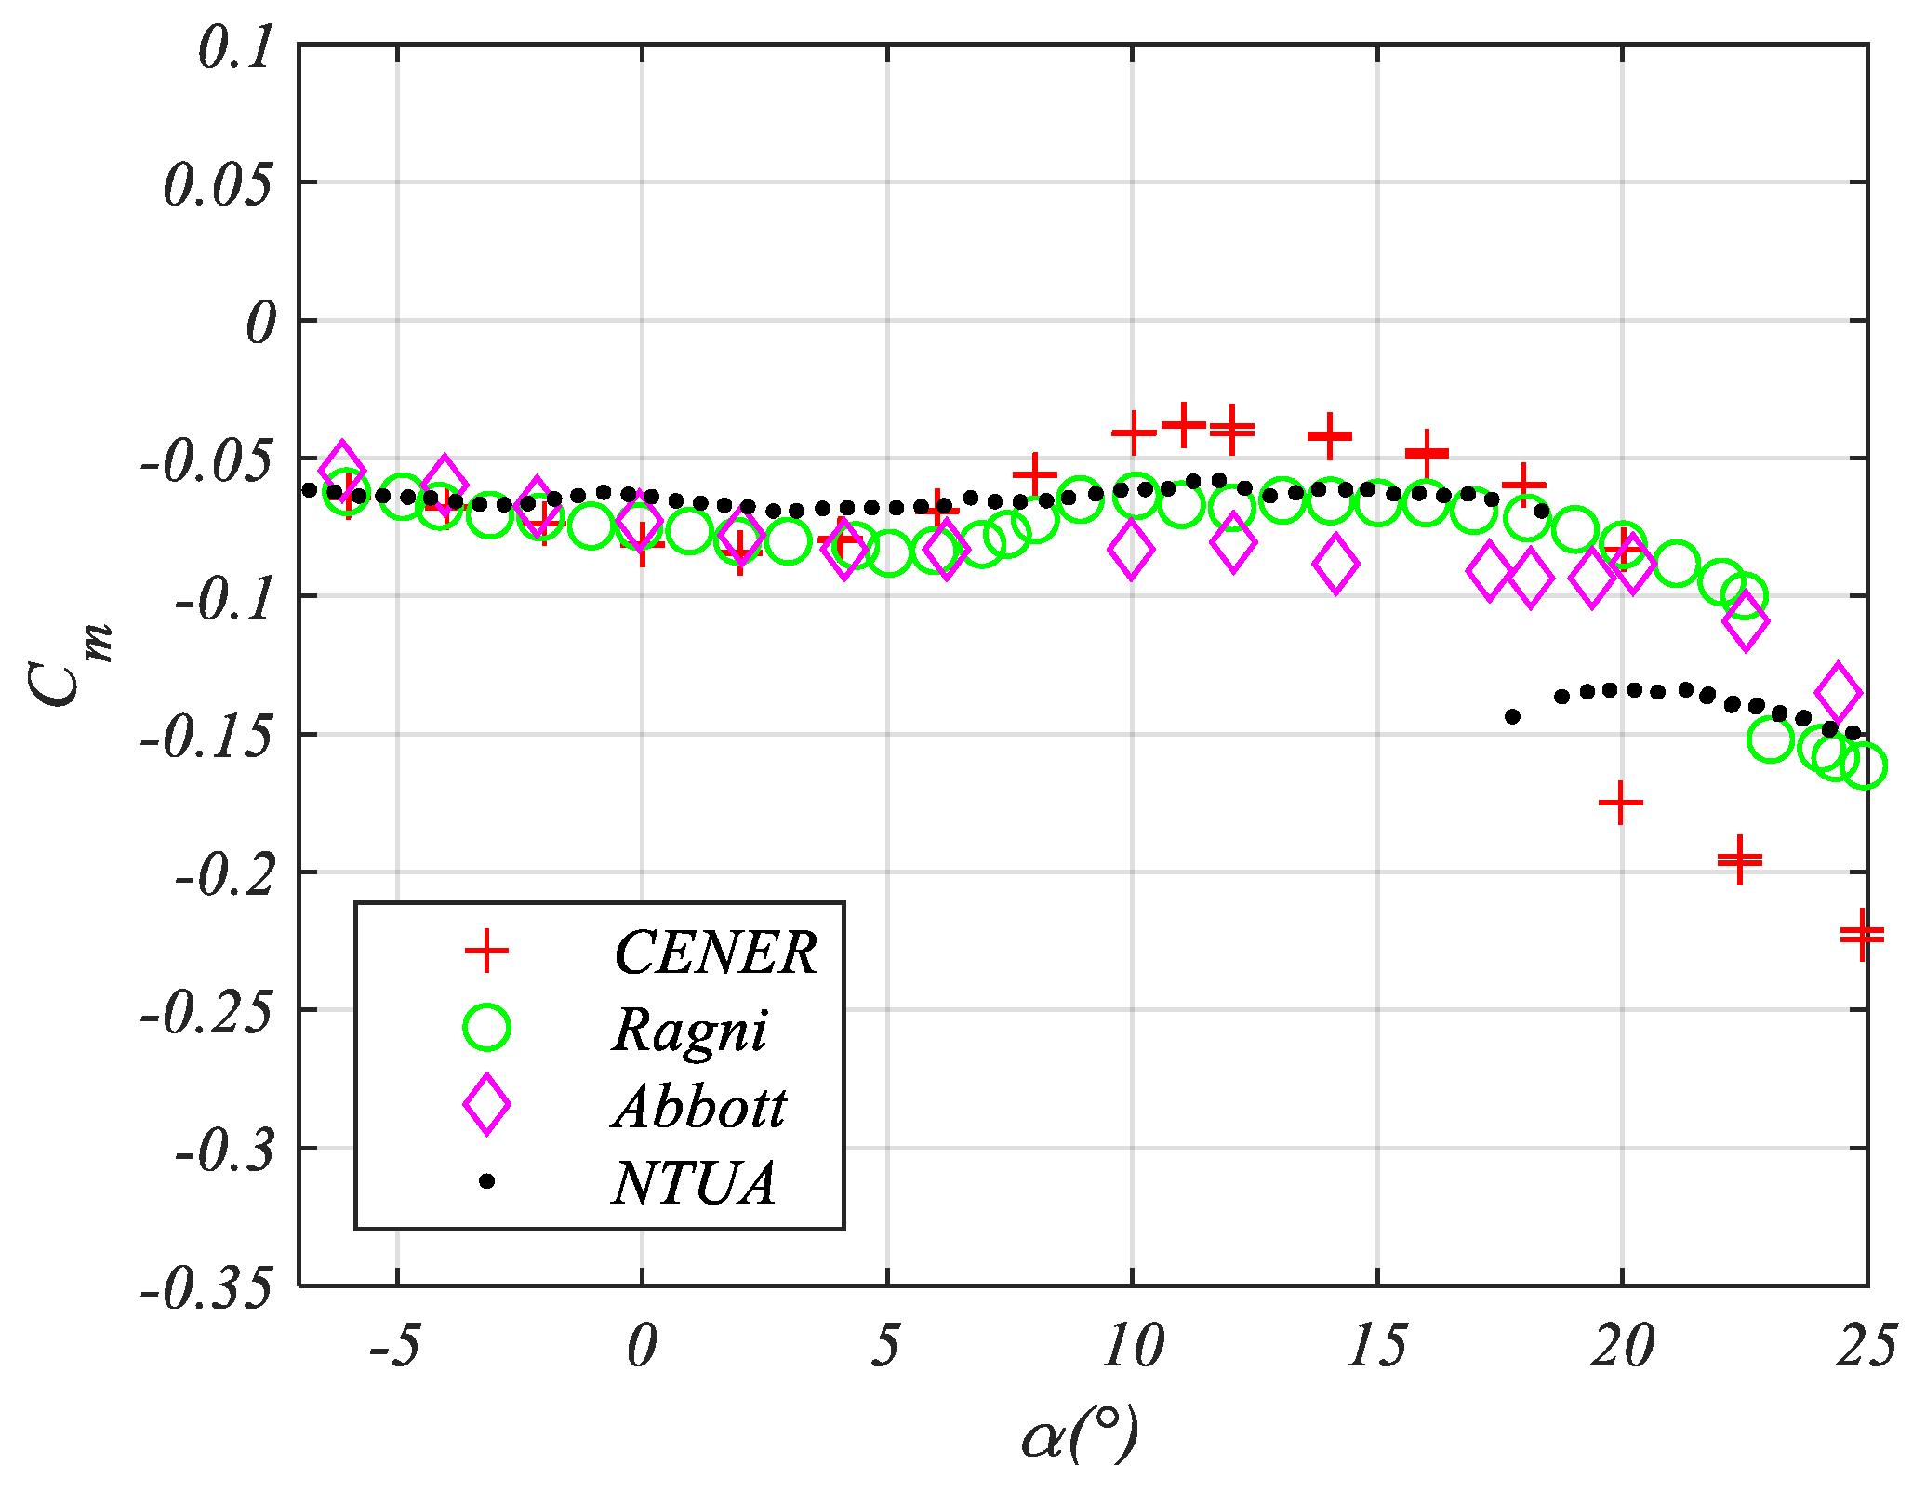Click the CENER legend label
point(714,952)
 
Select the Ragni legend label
point(690,1030)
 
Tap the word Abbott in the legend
point(699,1106)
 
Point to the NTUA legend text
point(694,1183)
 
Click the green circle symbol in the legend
point(486,1028)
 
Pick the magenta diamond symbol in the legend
point(486,1104)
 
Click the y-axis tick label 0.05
point(219,184)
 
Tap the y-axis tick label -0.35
point(206,1288)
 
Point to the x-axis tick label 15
point(1376,1346)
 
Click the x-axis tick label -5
point(394,1346)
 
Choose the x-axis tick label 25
point(1865,1346)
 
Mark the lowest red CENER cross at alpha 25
point(1862,935)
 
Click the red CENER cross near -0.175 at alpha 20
point(1620,802)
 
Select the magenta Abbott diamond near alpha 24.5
point(1838,692)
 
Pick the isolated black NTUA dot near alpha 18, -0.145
point(1512,716)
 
